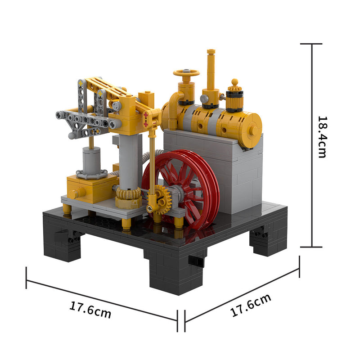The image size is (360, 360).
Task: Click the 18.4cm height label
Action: [322, 137]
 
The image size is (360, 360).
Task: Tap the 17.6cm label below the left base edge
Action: [90, 310]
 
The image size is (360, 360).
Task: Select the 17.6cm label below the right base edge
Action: [251, 306]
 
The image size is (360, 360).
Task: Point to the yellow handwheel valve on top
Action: [186, 73]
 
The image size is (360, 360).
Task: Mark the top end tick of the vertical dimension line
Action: [311, 44]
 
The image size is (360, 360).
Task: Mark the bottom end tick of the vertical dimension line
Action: [311, 247]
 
